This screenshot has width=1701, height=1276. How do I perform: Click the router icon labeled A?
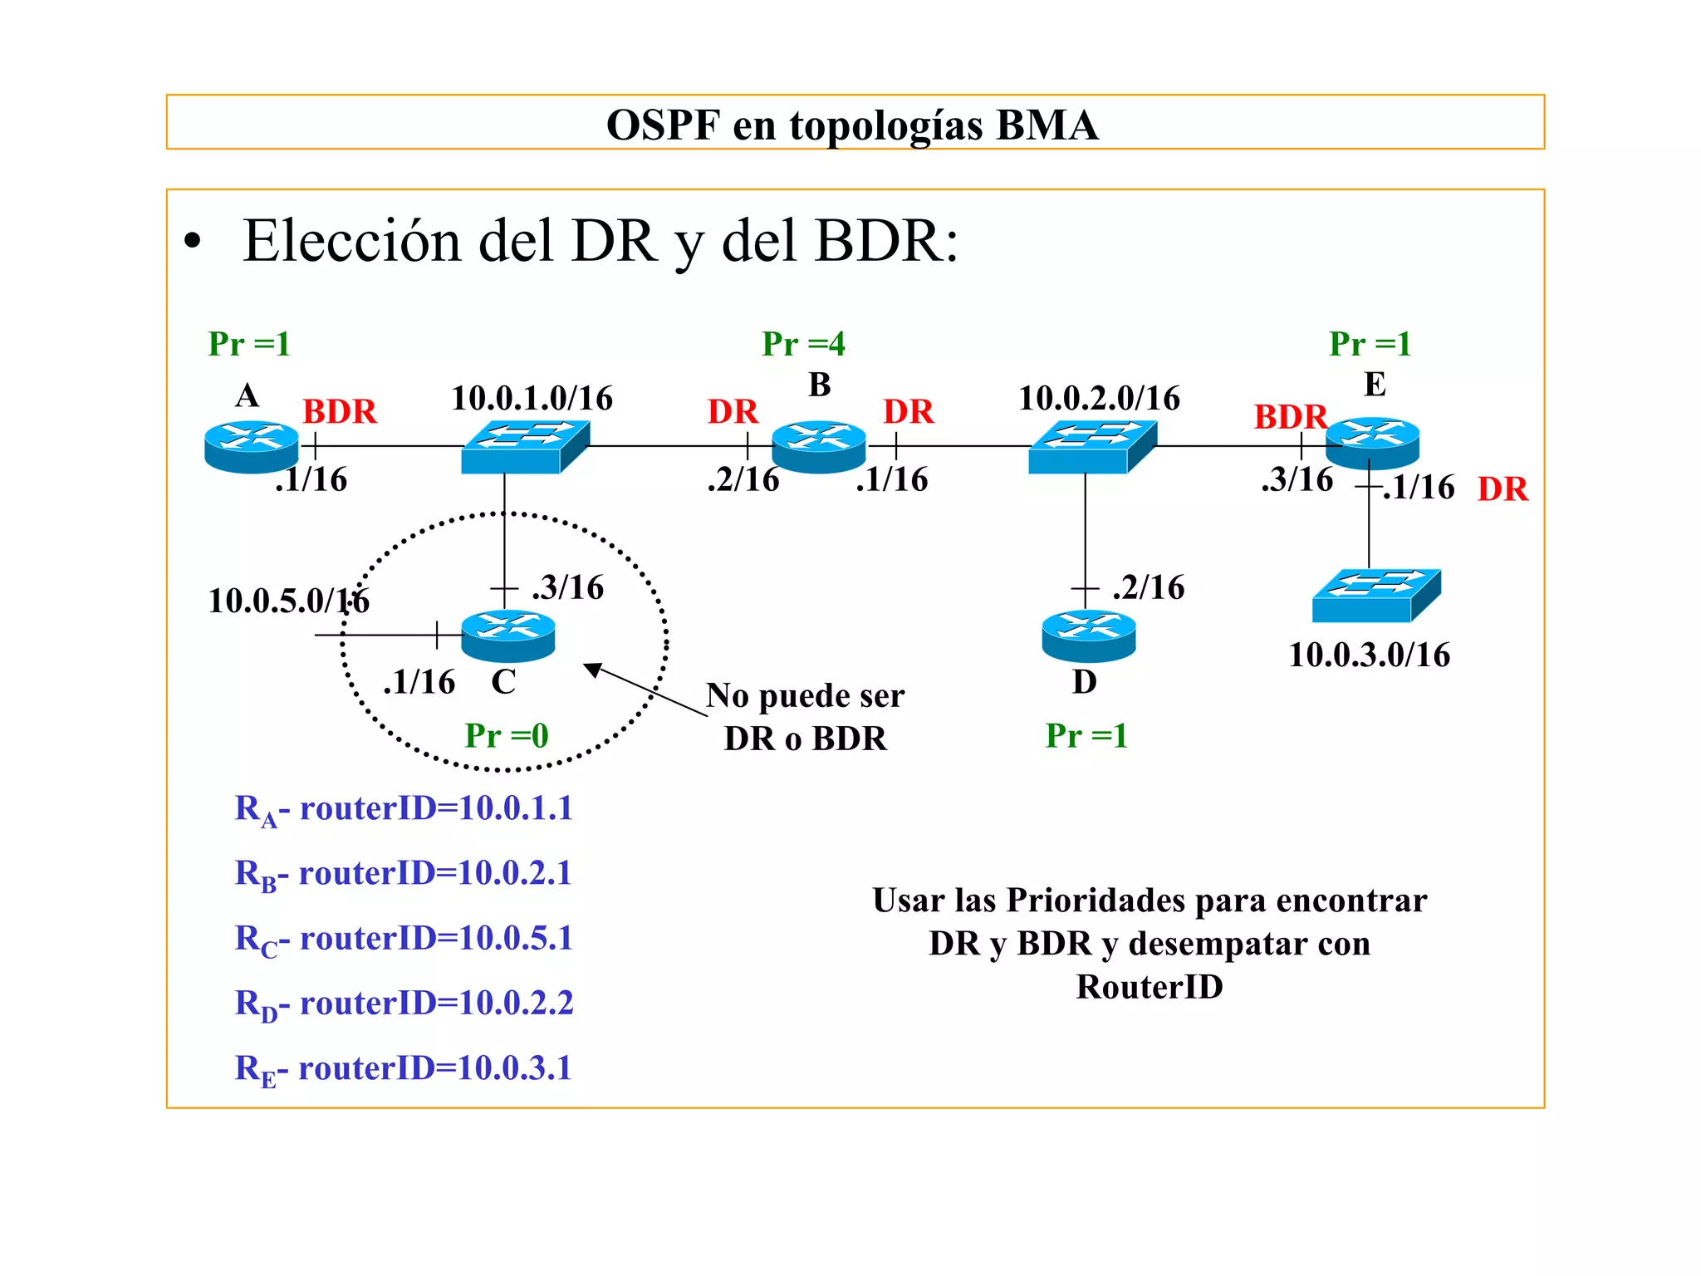click(x=251, y=446)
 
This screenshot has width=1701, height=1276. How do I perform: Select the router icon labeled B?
click(x=819, y=446)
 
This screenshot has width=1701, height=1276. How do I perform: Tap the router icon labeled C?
click(x=507, y=636)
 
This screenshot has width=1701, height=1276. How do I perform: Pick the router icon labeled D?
click(x=1088, y=636)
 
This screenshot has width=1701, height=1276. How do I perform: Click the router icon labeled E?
click(x=1372, y=443)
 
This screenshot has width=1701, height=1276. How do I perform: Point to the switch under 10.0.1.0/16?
click(x=525, y=447)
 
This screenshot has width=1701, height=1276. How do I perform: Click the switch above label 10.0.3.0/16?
click(x=1375, y=595)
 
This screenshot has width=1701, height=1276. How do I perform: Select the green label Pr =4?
click(x=803, y=344)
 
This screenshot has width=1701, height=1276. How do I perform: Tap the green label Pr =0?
click(x=507, y=736)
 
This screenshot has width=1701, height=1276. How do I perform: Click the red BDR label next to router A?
click(x=339, y=412)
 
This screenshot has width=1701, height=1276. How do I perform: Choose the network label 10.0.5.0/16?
click(x=288, y=601)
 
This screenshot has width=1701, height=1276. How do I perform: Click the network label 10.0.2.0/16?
click(x=1099, y=399)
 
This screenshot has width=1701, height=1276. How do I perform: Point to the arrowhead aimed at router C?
click(x=592, y=669)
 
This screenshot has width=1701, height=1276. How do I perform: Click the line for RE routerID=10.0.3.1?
click(x=404, y=1068)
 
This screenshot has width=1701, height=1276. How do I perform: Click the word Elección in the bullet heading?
click(x=351, y=242)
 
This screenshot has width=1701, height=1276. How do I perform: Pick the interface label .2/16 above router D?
click(x=1149, y=587)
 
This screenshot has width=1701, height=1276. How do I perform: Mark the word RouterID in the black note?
click(x=1150, y=987)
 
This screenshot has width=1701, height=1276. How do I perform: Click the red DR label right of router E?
click(x=1502, y=489)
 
